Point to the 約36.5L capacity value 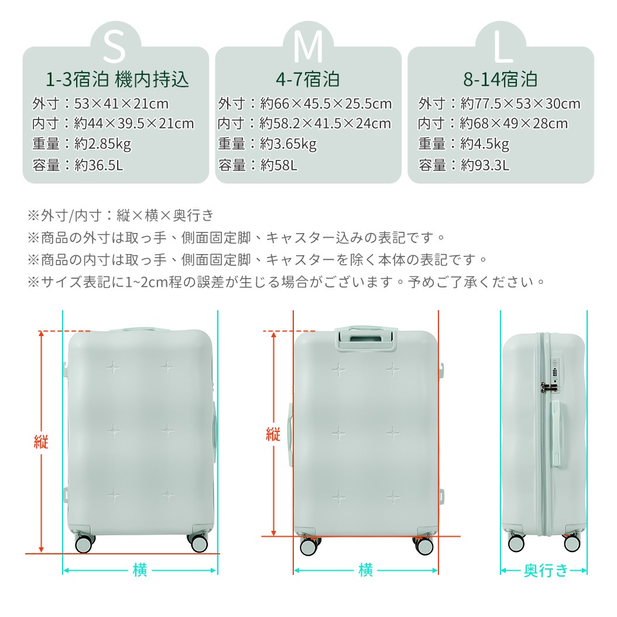[99, 165]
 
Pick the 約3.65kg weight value [288, 143]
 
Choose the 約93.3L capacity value [485, 165]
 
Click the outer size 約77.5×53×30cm [520, 104]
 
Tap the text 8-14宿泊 [500, 79]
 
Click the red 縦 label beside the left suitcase [40, 442]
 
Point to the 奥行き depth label [545, 570]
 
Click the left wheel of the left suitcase [84, 544]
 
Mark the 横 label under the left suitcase [140, 570]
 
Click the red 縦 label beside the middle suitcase [273, 434]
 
